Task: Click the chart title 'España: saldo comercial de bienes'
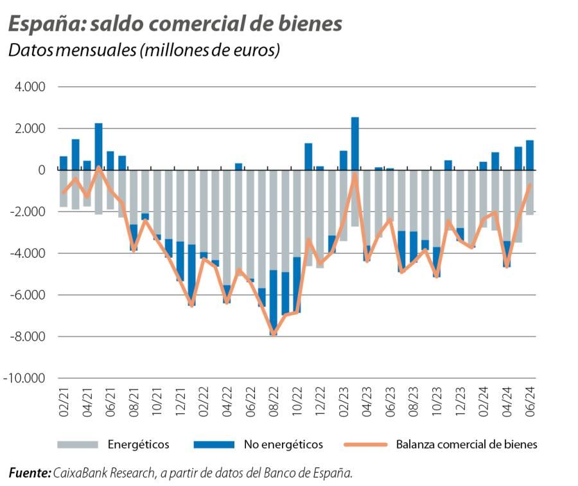point(175,24)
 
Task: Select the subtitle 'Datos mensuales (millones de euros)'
point(144,50)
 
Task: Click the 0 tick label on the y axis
point(42,170)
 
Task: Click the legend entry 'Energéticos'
point(138,444)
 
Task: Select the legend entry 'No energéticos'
point(283,444)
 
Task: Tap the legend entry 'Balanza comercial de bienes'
point(466,444)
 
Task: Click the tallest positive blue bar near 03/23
point(355,143)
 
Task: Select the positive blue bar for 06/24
point(530,155)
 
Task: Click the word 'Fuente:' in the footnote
point(30,473)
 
